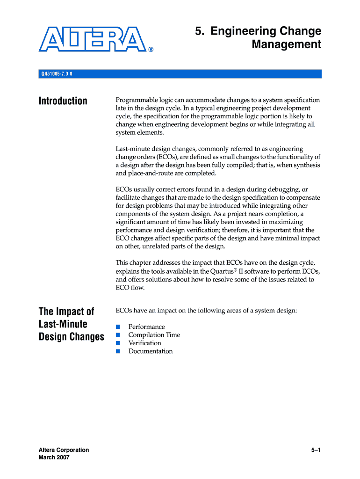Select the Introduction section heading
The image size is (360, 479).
coord(63,101)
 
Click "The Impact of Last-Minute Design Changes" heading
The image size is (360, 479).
coord(71,324)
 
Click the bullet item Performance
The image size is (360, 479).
coord(146,327)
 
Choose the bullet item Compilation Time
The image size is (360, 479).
coord(154,335)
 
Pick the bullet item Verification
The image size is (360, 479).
coord(144,343)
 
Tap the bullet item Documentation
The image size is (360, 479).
coord(150,351)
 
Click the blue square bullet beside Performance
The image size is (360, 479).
coord(118,327)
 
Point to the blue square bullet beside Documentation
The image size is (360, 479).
coord(118,351)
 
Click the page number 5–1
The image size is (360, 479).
coord(316,450)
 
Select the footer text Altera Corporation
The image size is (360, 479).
coord(64,450)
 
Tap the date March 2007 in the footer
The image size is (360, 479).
coord(54,457)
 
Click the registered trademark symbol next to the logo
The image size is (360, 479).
coord(151,49)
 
